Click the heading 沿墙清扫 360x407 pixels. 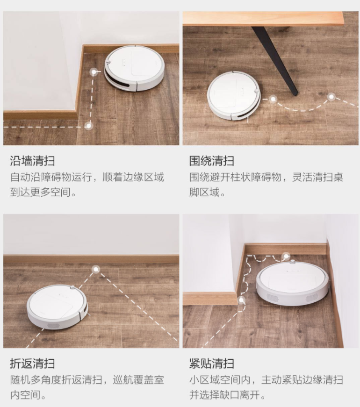32,161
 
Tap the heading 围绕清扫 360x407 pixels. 211,161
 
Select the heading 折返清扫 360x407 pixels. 32,364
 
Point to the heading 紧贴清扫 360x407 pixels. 211,364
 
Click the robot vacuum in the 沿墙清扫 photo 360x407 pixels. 134,68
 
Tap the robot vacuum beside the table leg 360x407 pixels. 234,95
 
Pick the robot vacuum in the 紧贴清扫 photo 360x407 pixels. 292,283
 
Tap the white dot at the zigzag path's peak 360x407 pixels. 96,269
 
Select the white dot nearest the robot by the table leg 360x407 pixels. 272,99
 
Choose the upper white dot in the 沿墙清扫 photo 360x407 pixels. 94,72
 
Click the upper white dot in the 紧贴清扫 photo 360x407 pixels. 286,256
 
